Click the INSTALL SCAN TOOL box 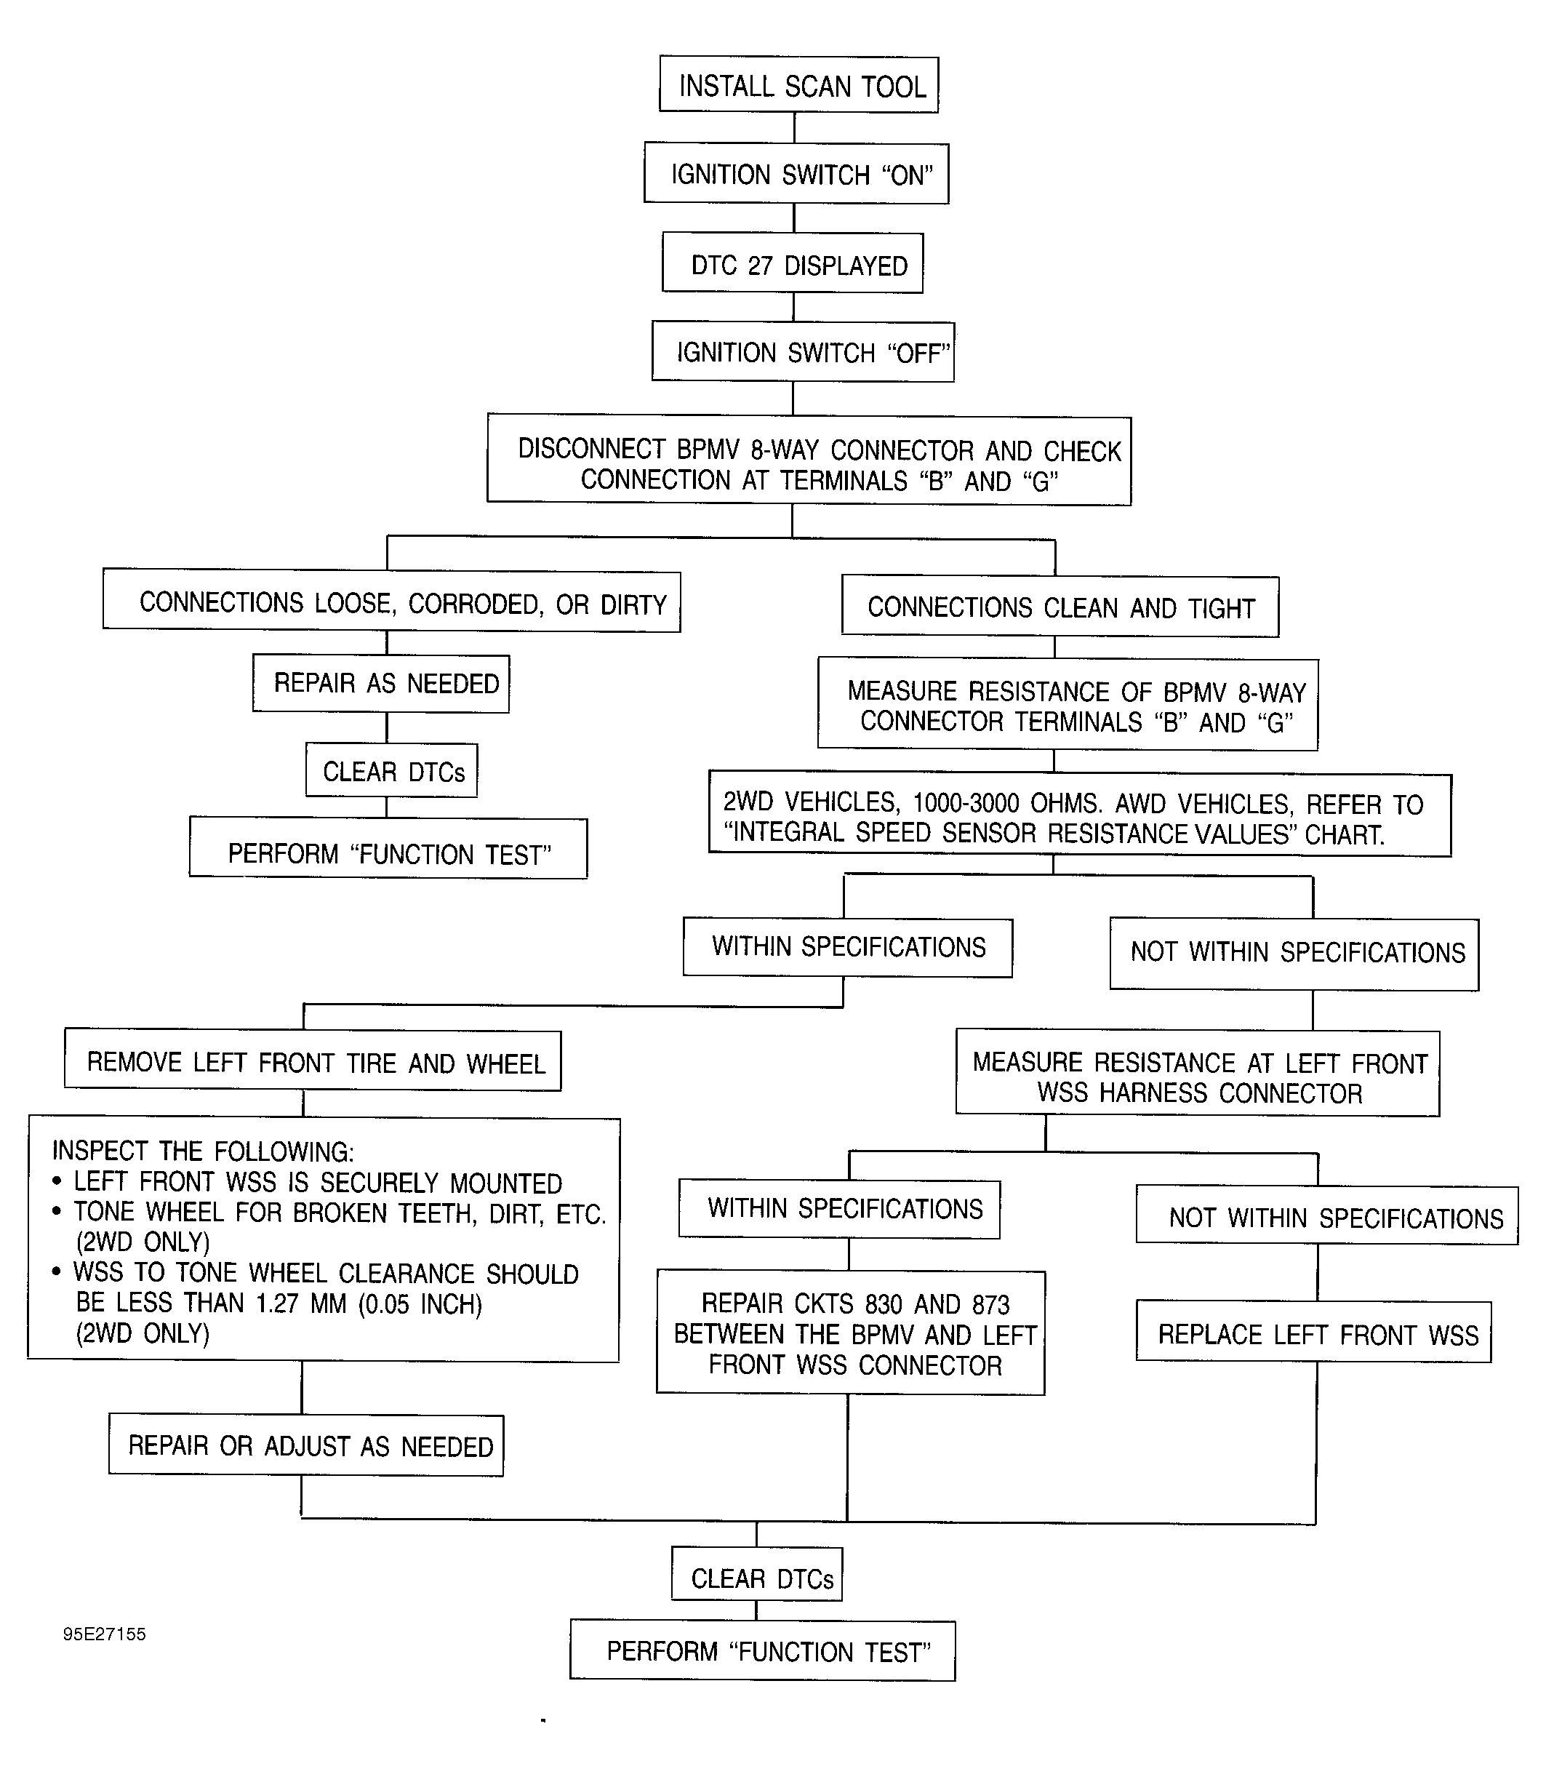click(799, 84)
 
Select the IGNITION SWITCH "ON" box click(796, 173)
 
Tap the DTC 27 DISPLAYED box click(793, 263)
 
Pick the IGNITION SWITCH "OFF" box click(804, 351)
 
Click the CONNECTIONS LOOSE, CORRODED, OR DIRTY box click(392, 601)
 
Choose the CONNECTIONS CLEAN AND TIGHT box click(1060, 607)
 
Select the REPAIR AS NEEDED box click(381, 684)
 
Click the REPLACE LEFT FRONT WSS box click(1314, 1333)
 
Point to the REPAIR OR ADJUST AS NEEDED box click(306, 1445)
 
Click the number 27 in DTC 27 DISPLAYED click(760, 265)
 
